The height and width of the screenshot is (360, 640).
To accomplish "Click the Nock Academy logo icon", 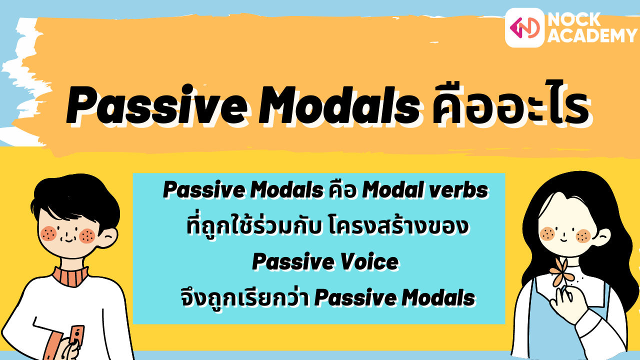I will (x=524, y=28).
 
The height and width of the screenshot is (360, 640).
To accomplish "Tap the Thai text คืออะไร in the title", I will (x=505, y=106).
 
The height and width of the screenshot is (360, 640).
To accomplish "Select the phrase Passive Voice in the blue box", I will (x=325, y=262).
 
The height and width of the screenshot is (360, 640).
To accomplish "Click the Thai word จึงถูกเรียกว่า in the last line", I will (x=245, y=298).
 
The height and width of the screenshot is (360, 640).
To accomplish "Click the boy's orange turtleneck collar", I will (x=70, y=276).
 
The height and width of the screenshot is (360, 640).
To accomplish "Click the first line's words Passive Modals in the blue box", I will (x=243, y=190).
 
